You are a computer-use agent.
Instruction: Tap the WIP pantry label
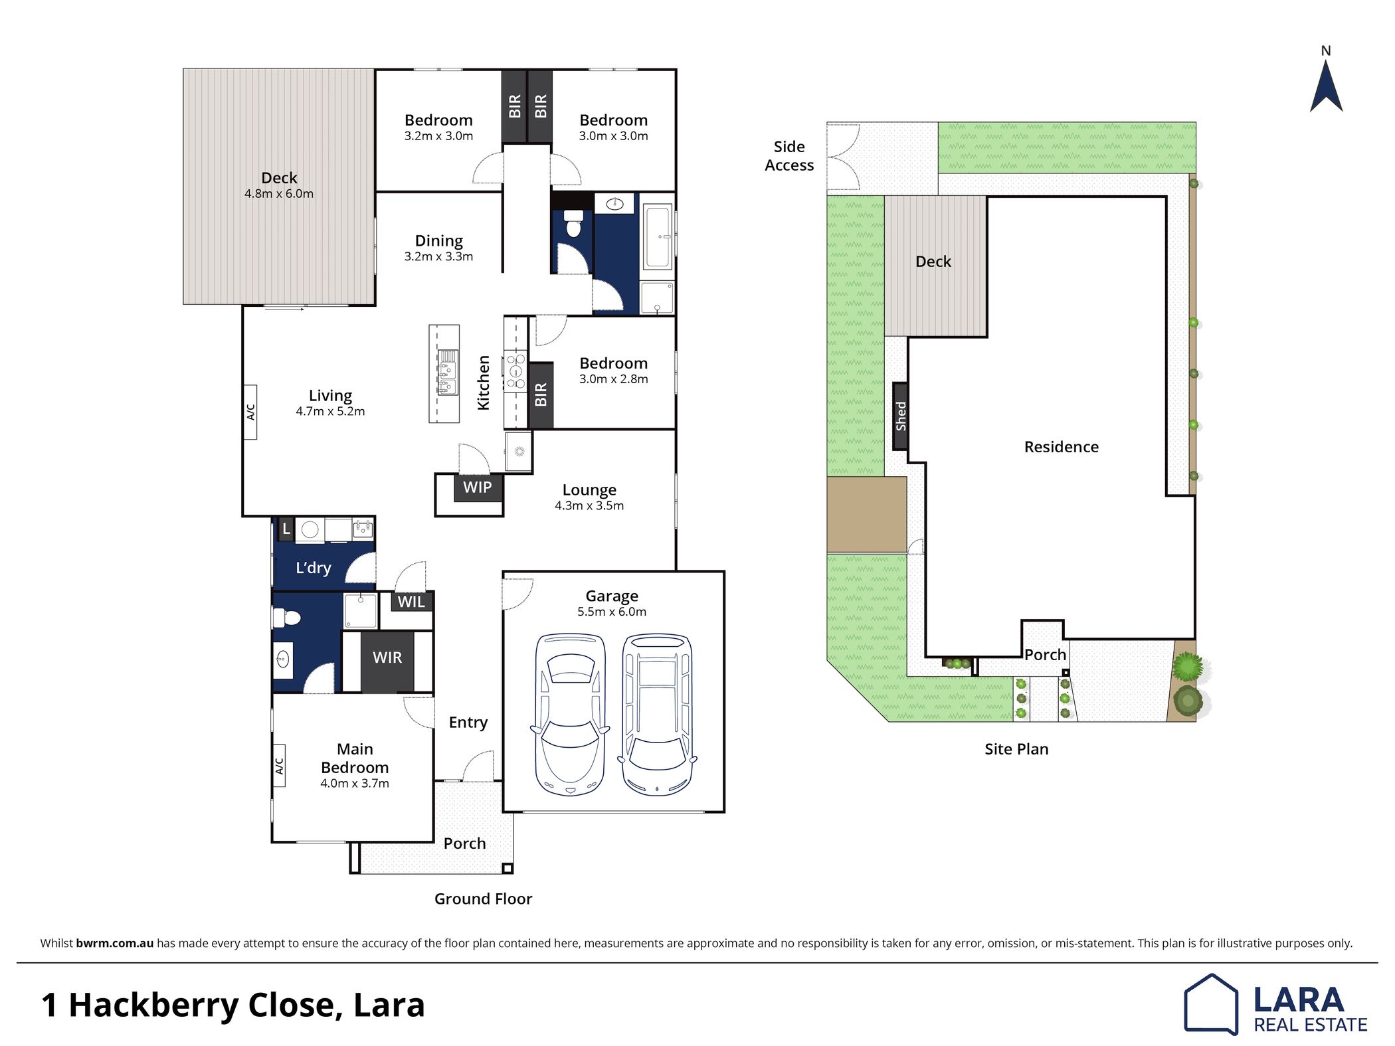click(x=477, y=487)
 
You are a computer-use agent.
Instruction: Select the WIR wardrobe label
click(x=387, y=657)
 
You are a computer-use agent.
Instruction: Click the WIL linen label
click(x=411, y=602)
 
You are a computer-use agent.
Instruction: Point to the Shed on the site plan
click(x=900, y=416)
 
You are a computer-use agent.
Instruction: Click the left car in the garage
click(x=570, y=714)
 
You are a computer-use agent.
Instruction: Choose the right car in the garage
click(x=657, y=714)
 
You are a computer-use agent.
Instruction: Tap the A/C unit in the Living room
click(x=250, y=412)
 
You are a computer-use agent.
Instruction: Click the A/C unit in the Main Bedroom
click(x=279, y=766)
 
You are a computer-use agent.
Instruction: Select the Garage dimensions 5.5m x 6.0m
click(x=612, y=612)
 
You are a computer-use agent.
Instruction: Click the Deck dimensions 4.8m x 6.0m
click(x=279, y=194)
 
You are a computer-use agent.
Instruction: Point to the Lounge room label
click(x=589, y=489)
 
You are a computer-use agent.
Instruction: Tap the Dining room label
click(x=438, y=240)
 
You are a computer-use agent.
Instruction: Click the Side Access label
click(x=789, y=156)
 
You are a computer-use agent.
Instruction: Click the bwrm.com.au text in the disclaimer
click(x=115, y=943)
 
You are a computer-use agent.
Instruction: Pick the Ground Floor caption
click(x=483, y=899)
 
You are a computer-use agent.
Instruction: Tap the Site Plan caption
click(x=1016, y=749)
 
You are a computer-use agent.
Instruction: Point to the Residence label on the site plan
click(x=1062, y=447)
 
